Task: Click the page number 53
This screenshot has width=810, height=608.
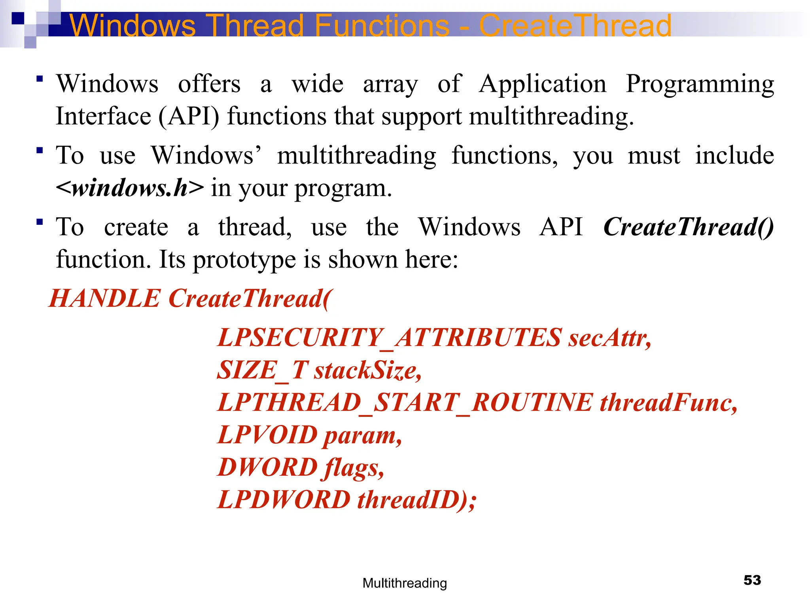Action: click(752, 580)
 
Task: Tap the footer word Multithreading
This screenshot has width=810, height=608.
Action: click(405, 583)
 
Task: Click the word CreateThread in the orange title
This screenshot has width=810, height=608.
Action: click(575, 25)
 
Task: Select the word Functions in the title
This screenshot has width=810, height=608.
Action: click(382, 25)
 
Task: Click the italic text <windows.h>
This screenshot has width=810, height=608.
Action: click(130, 188)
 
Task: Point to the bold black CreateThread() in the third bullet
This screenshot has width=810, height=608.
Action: click(688, 227)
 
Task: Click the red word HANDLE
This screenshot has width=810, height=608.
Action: click(104, 298)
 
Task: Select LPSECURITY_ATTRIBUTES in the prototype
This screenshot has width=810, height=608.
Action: click(390, 338)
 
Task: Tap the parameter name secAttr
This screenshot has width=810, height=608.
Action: click(609, 338)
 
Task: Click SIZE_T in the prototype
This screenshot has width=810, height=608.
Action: click(262, 370)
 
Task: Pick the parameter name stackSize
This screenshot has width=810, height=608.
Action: click(368, 370)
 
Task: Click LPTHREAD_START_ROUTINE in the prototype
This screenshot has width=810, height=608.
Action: click(405, 403)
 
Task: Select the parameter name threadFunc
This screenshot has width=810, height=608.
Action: click(668, 403)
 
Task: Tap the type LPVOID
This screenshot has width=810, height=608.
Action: click(268, 435)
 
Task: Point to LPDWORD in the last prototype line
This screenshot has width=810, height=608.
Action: click(284, 500)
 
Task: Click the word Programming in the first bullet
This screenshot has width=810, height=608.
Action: click(700, 84)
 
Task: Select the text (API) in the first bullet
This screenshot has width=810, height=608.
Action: click(189, 116)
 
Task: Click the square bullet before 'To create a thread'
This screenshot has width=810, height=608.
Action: click(39, 222)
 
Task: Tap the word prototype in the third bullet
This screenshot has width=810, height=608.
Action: click(244, 260)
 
